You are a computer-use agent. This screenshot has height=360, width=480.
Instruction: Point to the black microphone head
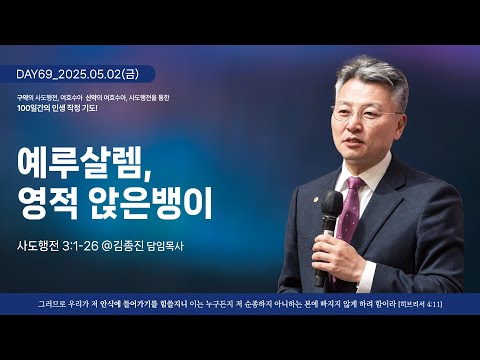(x=332, y=206)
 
